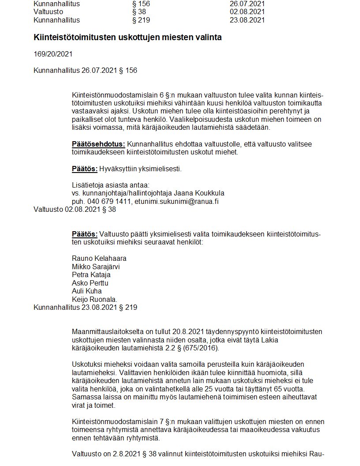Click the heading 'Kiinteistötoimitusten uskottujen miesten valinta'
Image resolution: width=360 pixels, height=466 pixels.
point(127,38)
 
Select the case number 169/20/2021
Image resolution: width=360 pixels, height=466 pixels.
point(53,54)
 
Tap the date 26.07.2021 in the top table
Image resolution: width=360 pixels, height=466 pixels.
point(247,4)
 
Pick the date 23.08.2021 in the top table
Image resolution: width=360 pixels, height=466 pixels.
point(247,20)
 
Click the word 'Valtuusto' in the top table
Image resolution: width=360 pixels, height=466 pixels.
point(48,11)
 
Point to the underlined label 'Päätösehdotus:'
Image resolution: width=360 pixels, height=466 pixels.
point(98,144)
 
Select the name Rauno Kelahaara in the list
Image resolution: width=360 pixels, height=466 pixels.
point(99,258)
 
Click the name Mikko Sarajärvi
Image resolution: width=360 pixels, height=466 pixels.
point(96,267)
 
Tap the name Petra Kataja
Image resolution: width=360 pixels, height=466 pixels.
point(91,274)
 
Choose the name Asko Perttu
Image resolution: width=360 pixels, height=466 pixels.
point(90,283)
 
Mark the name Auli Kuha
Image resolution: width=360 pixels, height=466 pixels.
point(87,291)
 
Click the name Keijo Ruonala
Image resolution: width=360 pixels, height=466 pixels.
point(95,299)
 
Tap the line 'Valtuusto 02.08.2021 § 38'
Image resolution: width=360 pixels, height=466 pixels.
point(75,209)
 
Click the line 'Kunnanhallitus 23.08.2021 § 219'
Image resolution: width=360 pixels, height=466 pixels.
point(85,307)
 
